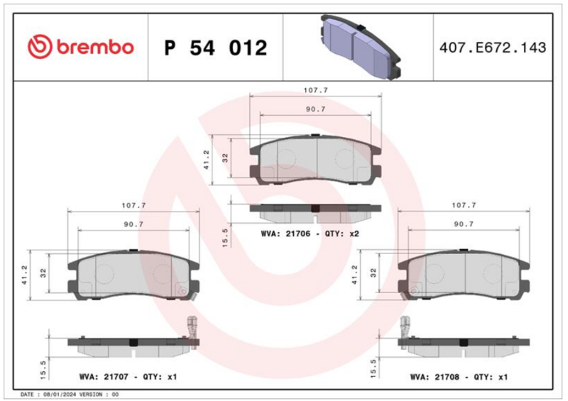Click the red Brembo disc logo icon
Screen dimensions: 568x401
tap(40, 47)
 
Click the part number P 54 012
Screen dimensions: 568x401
tap(216, 48)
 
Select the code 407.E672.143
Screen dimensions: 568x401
tap(493, 48)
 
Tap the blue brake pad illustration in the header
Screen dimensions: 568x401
tap(361, 47)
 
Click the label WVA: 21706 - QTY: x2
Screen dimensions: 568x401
tap(310, 234)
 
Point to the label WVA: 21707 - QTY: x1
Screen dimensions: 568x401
tap(128, 377)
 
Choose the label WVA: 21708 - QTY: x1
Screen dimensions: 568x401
tap(459, 377)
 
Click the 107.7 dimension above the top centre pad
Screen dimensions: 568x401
tap(315, 90)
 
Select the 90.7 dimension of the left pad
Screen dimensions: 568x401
tap(133, 224)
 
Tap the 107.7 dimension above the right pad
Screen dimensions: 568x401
tap(464, 205)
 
